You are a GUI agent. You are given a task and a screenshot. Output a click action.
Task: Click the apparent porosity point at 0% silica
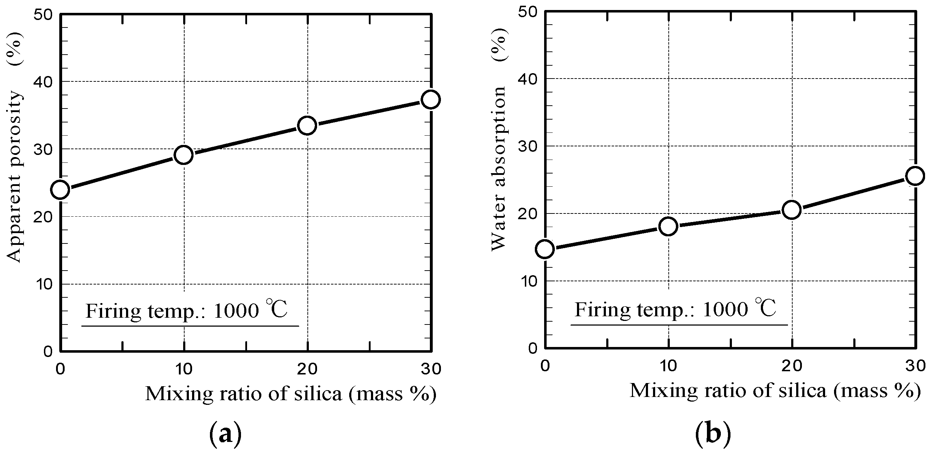(60, 190)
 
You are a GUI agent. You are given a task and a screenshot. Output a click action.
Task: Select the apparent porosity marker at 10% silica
(184, 155)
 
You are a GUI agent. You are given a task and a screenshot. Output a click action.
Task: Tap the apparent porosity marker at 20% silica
(307, 126)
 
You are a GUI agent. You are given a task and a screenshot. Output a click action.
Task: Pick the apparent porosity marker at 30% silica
(431, 100)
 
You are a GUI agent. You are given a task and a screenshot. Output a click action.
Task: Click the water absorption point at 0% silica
(545, 249)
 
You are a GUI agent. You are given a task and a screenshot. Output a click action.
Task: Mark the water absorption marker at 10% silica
(668, 226)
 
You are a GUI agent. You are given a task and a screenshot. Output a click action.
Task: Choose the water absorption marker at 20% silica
(792, 210)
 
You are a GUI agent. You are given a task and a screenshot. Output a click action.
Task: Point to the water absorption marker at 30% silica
(915, 176)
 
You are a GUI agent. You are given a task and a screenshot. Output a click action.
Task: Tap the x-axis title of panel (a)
(291, 394)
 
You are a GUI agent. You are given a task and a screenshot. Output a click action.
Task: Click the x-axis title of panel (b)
(775, 391)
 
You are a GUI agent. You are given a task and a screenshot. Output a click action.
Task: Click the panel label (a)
(225, 433)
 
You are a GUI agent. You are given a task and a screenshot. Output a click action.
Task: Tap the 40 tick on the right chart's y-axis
(528, 79)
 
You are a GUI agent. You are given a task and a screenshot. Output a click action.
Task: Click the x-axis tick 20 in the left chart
(307, 369)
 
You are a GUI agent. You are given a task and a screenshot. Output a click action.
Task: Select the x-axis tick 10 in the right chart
(668, 366)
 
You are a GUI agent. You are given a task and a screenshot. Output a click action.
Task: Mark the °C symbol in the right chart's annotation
(765, 308)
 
